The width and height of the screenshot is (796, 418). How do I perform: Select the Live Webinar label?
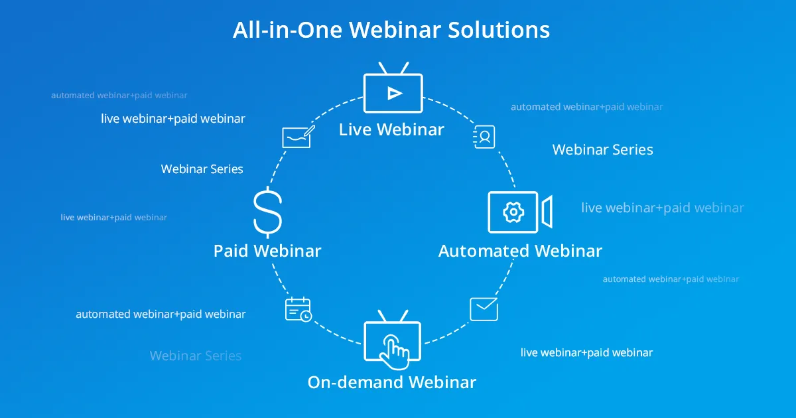(x=391, y=129)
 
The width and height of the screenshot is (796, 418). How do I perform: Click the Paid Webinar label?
(x=267, y=251)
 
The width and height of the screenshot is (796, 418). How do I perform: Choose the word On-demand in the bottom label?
(x=355, y=382)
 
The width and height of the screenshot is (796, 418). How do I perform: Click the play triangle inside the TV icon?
(x=395, y=94)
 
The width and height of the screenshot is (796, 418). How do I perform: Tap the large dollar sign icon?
(x=267, y=212)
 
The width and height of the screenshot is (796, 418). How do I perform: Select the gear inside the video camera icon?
(x=513, y=212)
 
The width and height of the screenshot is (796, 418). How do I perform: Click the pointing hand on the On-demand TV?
(x=395, y=352)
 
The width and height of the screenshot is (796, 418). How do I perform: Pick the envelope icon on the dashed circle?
(x=484, y=309)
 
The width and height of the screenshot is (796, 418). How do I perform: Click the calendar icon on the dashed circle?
(x=298, y=309)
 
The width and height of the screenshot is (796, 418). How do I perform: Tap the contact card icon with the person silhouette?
(x=484, y=137)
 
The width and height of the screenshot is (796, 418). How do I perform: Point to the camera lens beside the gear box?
(x=547, y=212)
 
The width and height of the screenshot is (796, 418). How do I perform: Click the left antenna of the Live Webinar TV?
(x=383, y=68)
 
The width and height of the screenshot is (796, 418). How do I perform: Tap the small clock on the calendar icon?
(x=306, y=316)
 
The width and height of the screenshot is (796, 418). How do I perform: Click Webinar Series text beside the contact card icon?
(x=603, y=150)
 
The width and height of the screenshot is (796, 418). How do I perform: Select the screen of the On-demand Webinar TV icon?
(x=392, y=341)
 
